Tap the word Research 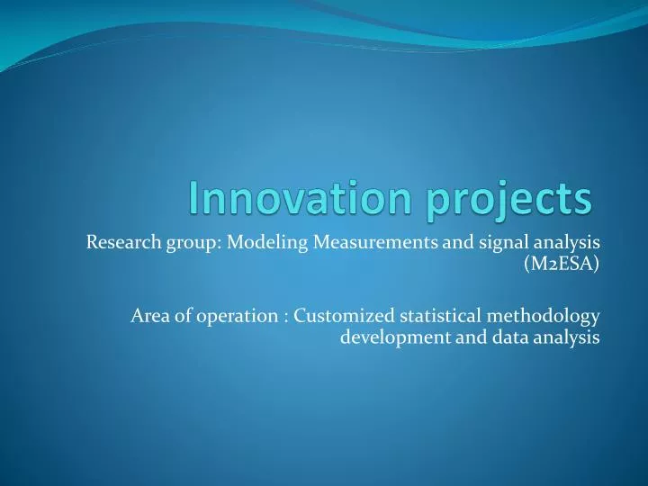pyautogui.click(x=119, y=241)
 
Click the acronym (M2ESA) pyautogui.click(x=562, y=264)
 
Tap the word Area pyautogui.click(x=148, y=315)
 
